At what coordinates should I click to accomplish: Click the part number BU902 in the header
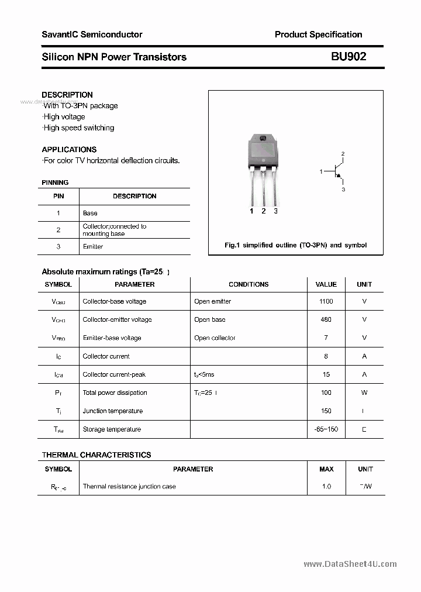348,57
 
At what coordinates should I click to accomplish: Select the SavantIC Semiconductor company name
92,35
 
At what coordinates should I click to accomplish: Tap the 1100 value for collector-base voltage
326,301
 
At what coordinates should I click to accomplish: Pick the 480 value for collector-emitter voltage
326,319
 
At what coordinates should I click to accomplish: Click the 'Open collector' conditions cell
215,338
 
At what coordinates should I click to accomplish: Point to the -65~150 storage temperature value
326,429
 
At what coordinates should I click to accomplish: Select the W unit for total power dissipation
364,393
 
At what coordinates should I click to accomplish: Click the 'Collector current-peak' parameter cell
114,374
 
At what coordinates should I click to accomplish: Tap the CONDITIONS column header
249,284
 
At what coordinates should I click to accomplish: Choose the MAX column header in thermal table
326,469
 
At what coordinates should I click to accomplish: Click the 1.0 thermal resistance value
326,486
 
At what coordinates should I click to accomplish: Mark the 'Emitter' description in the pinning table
93,246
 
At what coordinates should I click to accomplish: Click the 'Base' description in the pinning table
90,213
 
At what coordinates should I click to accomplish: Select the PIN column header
58,196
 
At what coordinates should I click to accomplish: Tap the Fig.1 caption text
295,245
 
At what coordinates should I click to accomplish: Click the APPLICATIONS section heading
69,149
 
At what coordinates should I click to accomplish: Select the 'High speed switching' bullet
78,128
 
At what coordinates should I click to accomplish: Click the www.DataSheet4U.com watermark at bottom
350,564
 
